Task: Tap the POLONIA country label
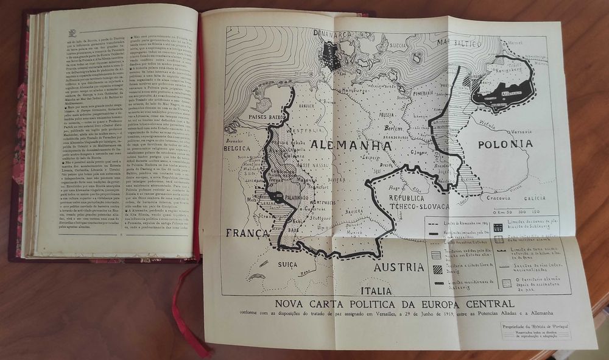click(505, 144)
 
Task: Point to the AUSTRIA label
click(399, 267)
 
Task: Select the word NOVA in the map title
click(290, 303)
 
